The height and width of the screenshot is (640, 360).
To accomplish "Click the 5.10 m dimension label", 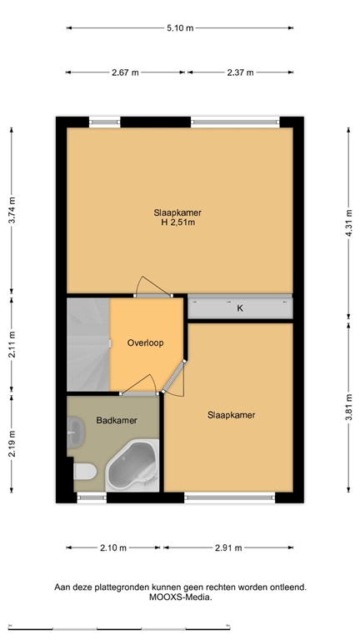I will (x=179, y=27).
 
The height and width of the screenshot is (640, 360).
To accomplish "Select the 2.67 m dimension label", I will (x=124, y=72).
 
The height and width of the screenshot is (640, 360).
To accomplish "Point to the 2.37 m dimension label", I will (x=241, y=72).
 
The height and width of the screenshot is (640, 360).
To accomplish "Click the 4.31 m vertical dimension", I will (x=348, y=222).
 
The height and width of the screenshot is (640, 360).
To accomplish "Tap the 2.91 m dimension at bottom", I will (x=227, y=547).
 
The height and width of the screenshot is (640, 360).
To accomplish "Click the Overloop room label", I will (x=145, y=342).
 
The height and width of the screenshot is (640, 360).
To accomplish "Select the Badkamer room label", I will (x=112, y=421).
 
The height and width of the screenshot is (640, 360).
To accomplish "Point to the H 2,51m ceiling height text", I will (x=177, y=222).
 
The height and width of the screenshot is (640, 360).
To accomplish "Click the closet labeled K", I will (x=240, y=308).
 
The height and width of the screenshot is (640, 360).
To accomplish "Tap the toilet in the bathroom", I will (x=84, y=475).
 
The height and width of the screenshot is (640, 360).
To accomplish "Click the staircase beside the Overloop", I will (x=88, y=344).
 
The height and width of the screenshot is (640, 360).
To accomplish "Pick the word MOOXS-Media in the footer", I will (x=180, y=597).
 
